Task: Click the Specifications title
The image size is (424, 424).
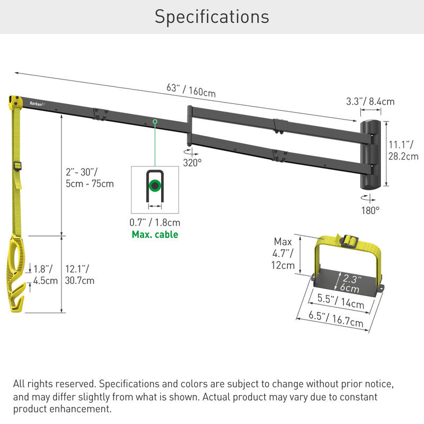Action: pos(211,16)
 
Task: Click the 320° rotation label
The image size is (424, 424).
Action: pos(192,162)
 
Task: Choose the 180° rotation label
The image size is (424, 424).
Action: pos(370,210)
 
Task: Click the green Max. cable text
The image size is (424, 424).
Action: pos(155,234)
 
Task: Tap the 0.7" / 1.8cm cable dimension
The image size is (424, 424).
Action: pos(155,223)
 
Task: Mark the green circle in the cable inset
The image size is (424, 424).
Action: pos(155,186)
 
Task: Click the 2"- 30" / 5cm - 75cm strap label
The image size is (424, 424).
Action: pos(89,178)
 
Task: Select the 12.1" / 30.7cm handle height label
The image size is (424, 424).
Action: pos(80,275)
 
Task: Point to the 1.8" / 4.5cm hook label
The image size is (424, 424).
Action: pos(45,275)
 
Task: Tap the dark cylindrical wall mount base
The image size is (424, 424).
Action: pos(372,154)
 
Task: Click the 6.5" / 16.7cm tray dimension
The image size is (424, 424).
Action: pos(336,319)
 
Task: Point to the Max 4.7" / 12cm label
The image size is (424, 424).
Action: pos(283,253)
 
